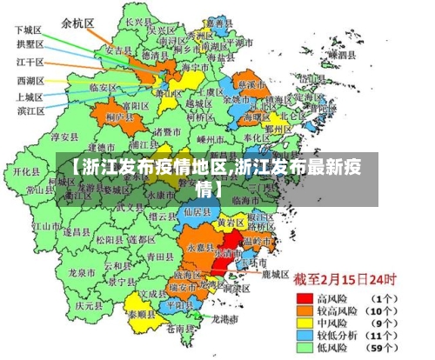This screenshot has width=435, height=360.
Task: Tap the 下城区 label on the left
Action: pos(30,30)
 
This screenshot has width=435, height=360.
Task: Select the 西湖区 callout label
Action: pos(30,81)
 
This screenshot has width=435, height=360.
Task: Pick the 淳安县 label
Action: pos(65,137)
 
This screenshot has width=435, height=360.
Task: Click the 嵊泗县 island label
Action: pos(340,54)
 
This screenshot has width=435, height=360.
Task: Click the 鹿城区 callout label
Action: pos(275,273)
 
